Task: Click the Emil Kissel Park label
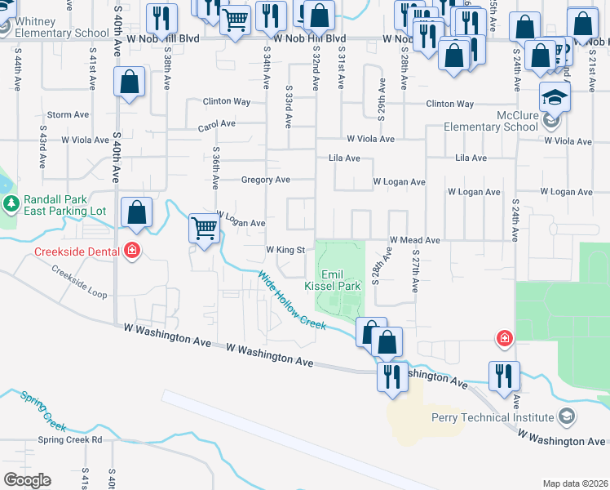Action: [x=332, y=281]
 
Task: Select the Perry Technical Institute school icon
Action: [x=565, y=417]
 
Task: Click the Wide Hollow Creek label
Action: [x=292, y=301]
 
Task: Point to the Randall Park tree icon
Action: [x=11, y=203]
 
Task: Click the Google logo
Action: [x=26, y=480]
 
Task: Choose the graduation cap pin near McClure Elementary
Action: [x=555, y=97]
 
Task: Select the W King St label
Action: [x=285, y=249]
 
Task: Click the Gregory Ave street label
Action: [x=266, y=180]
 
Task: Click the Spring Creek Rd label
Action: [x=69, y=439]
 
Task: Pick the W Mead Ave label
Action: [x=414, y=240]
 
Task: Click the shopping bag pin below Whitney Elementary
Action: [x=129, y=82]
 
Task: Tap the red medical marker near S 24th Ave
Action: [x=505, y=337]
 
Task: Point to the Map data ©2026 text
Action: [x=573, y=483]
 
